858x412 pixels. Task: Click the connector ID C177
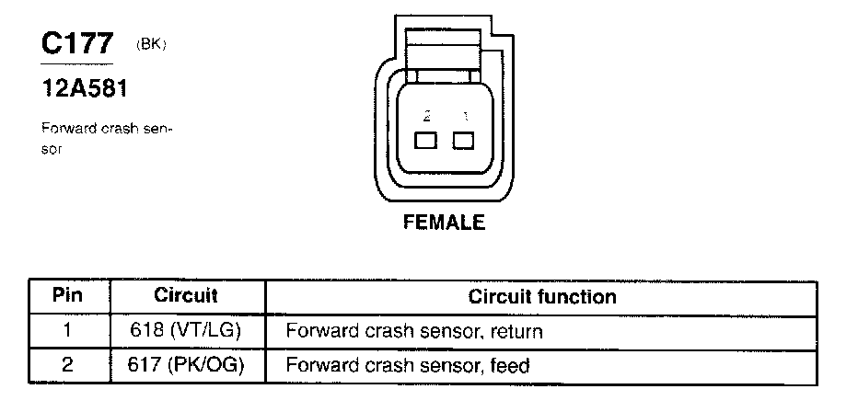[x=77, y=44]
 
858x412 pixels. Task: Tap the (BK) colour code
[x=151, y=45]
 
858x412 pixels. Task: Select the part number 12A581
[x=85, y=88]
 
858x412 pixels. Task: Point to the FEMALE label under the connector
[x=444, y=223]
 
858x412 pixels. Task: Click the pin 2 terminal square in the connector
[x=425, y=141]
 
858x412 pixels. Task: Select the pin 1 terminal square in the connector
[x=463, y=141]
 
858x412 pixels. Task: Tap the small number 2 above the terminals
[x=427, y=116]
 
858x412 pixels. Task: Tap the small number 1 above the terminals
[x=465, y=116]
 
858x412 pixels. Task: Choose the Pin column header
[x=68, y=295]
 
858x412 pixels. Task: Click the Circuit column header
[x=186, y=295]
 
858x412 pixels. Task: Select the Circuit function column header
[x=542, y=297]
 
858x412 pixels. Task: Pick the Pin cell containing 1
[x=68, y=330]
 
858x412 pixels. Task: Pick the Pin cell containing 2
[x=68, y=364]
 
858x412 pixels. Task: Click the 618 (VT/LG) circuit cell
[x=185, y=331]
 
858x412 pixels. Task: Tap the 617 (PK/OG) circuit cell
[x=185, y=365]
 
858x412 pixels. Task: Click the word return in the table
[x=516, y=332]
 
